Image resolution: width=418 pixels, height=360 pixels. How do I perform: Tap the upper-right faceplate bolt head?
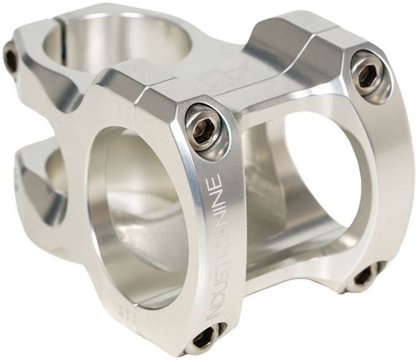[366, 74]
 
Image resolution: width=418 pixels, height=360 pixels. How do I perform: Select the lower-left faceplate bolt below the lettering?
[203, 336]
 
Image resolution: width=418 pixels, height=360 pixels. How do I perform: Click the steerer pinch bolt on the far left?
[11, 58]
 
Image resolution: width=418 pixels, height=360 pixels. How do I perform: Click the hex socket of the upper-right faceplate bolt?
[366, 74]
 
